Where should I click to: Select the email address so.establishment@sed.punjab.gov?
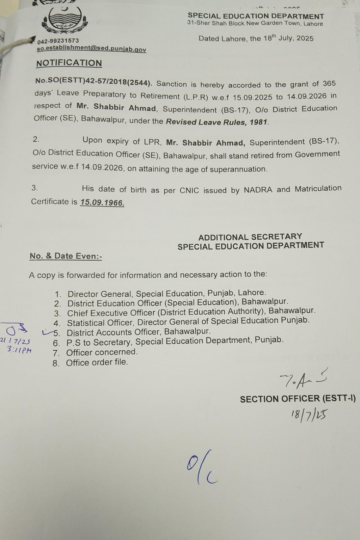tap(92, 49)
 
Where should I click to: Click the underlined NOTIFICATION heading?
tap(69, 63)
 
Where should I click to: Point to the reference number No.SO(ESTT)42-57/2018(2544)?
tap(94, 82)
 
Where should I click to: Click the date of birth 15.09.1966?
tap(102, 202)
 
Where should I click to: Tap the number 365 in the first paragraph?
tap(329, 83)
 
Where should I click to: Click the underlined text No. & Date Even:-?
tap(66, 256)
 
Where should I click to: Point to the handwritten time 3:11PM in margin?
tap(19, 350)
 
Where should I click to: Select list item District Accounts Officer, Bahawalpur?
tap(138, 332)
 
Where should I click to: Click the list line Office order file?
tap(97, 362)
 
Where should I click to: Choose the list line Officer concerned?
tap(102, 352)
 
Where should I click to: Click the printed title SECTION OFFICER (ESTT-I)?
tap(298, 399)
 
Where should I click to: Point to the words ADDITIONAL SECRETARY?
tap(250, 237)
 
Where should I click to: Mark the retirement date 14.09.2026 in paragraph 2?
tap(102, 168)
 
